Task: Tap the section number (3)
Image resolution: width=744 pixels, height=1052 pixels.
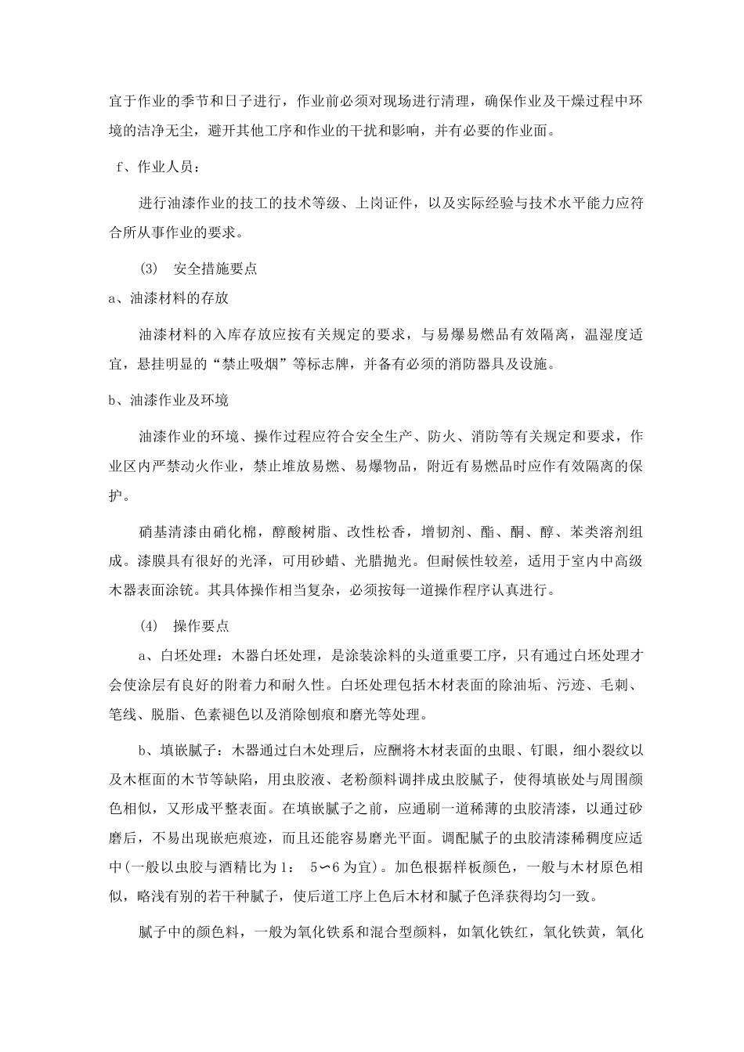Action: point(149,268)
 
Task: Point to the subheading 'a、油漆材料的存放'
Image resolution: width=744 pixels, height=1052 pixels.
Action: point(168,297)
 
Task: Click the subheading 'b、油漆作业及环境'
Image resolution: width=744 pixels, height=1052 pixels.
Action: point(168,400)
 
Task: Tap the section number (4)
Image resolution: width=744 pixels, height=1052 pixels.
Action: point(149,626)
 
